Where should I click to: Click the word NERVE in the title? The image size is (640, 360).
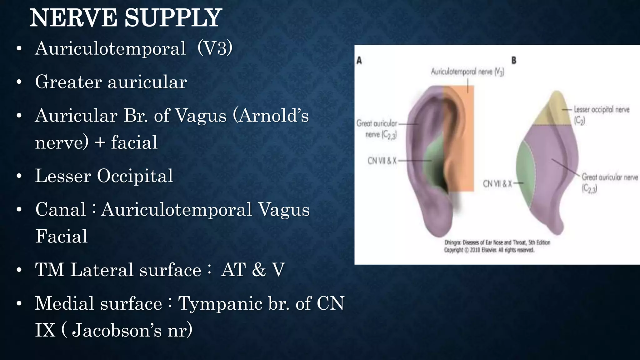73,18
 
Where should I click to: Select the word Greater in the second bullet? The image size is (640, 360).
68,82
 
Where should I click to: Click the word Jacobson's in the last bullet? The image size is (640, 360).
117,330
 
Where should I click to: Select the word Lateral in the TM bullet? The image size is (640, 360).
104,270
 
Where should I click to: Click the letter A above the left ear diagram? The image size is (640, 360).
359,61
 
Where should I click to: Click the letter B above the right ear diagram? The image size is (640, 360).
514,61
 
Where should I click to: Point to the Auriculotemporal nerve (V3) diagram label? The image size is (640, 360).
467,72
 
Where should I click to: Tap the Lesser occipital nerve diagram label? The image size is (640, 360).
601,110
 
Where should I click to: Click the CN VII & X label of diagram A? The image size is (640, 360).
382,161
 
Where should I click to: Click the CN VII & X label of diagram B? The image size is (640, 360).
497,184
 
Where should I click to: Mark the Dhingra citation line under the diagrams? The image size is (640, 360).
497,242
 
